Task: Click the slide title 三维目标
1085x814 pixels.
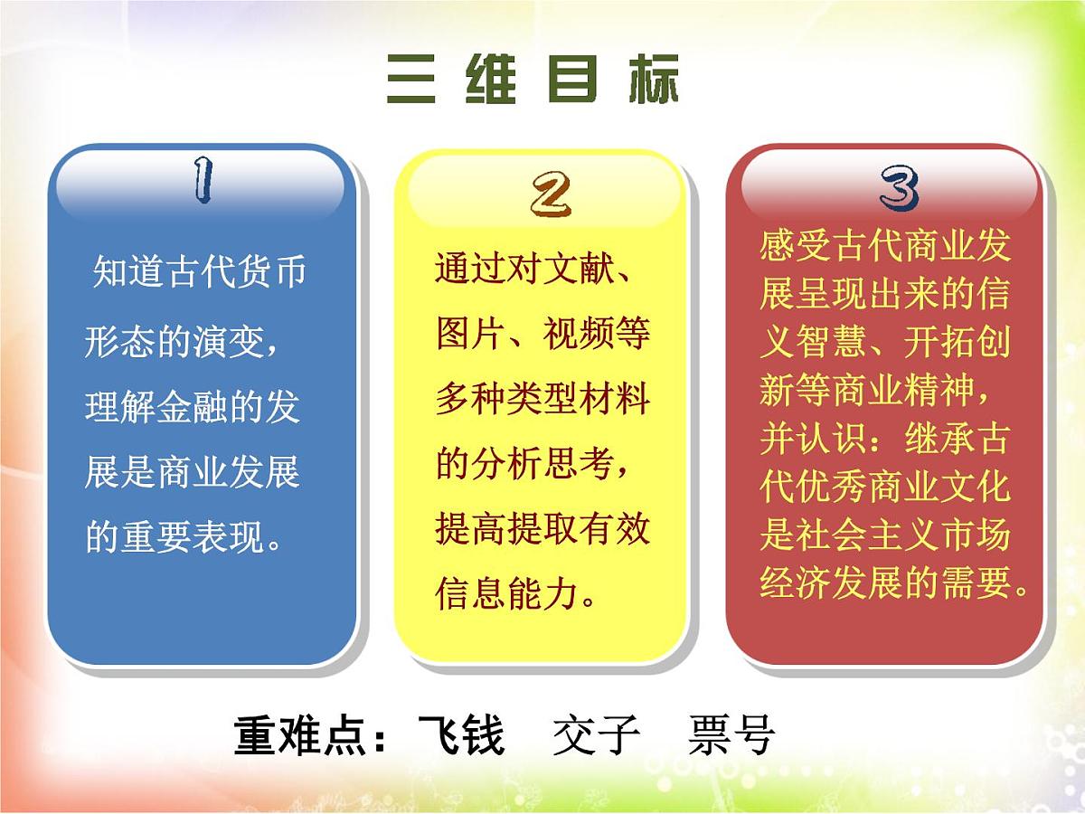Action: [x=532, y=81]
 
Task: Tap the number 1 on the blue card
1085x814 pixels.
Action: [x=202, y=180]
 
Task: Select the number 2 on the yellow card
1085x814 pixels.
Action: [x=551, y=194]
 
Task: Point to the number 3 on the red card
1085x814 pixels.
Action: [x=899, y=190]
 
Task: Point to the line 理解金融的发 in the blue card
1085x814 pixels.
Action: [x=192, y=406]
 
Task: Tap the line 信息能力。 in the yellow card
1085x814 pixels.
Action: [x=515, y=595]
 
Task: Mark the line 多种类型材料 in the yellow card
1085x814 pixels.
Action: [x=542, y=400]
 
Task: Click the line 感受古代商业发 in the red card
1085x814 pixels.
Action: [x=885, y=246]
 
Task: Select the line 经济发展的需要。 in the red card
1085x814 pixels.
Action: [x=895, y=584]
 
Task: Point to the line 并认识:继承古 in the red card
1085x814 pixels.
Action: [x=885, y=440]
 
